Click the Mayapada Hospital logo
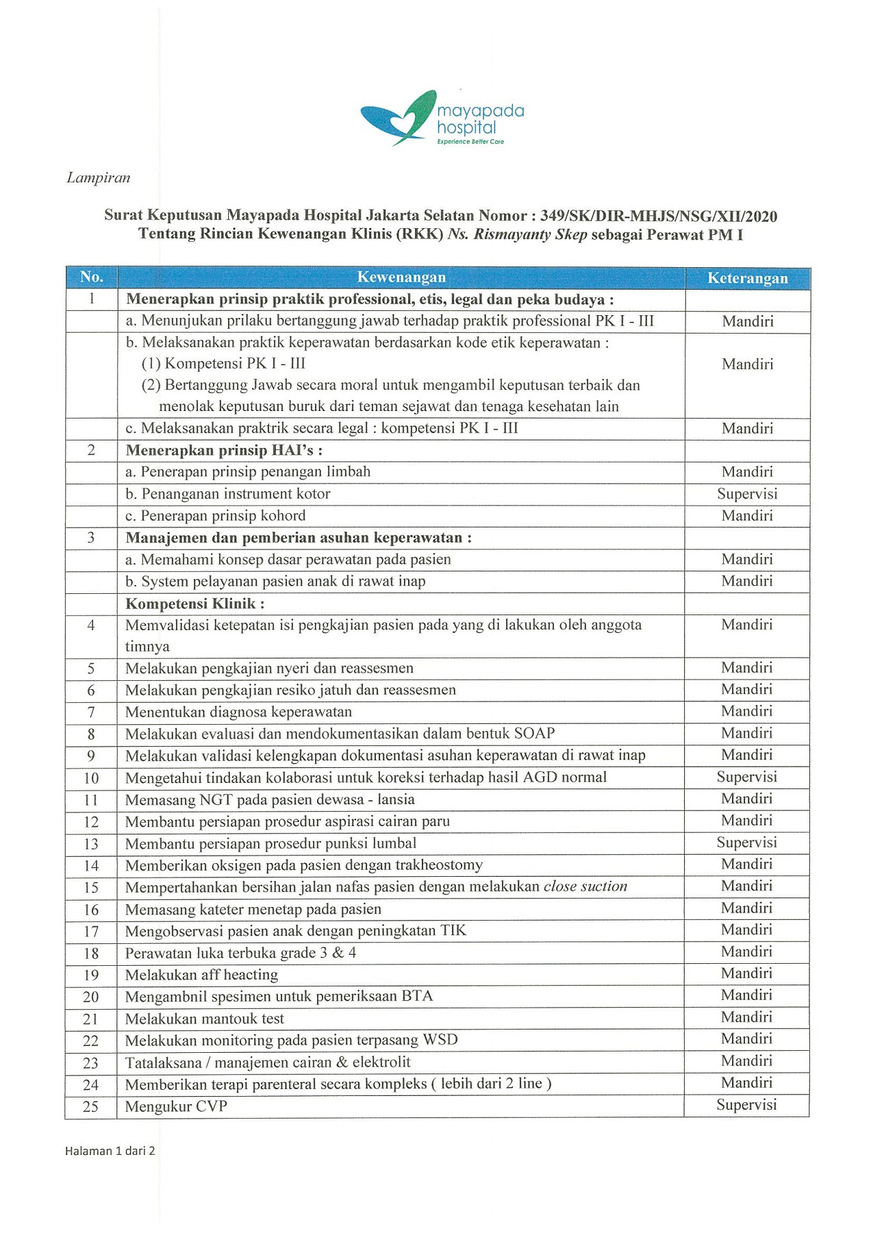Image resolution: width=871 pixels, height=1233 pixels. pyautogui.click(x=442, y=119)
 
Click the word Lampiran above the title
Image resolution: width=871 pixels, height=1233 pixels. pyautogui.click(x=98, y=178)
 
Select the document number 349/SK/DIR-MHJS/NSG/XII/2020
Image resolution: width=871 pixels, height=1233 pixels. pyautogui.click(x=658, y=216)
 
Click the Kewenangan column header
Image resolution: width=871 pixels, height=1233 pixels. pyautogui.click(x=401, y=277)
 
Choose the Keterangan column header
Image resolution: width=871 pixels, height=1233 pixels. pyautogui.click(x=747, y=278)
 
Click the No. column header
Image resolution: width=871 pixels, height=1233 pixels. pyautogui.click(x=91, y=277)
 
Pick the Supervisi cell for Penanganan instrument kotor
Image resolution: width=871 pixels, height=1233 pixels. pyautogui.click(x=747, y=494)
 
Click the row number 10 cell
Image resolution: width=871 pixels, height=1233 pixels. pyautogui.click(x=91, y=778)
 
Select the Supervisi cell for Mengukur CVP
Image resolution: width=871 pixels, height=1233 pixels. pyautogui.click(x=746, y=1105)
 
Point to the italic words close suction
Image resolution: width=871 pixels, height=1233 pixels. pyautogui.click(x=585, y=886)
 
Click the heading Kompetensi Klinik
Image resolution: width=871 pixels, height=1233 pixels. pyautogui.click(x=194, y=603)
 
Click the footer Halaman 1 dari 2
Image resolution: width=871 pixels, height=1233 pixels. pyautogui.click(x=110, y=1151)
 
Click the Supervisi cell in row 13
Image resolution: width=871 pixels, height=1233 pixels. pyautogui.click(x=746, y=843)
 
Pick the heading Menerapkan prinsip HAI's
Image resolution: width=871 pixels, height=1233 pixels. pyautogui.click(x=223, y=451)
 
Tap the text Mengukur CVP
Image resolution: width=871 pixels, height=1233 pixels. pyautogui.click(x=176, y=1106)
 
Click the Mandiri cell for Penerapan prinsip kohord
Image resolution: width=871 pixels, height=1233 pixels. pyautogui.click(x=747, y=516)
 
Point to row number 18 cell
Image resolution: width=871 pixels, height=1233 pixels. pyautogui.click(x=91, y=954)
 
